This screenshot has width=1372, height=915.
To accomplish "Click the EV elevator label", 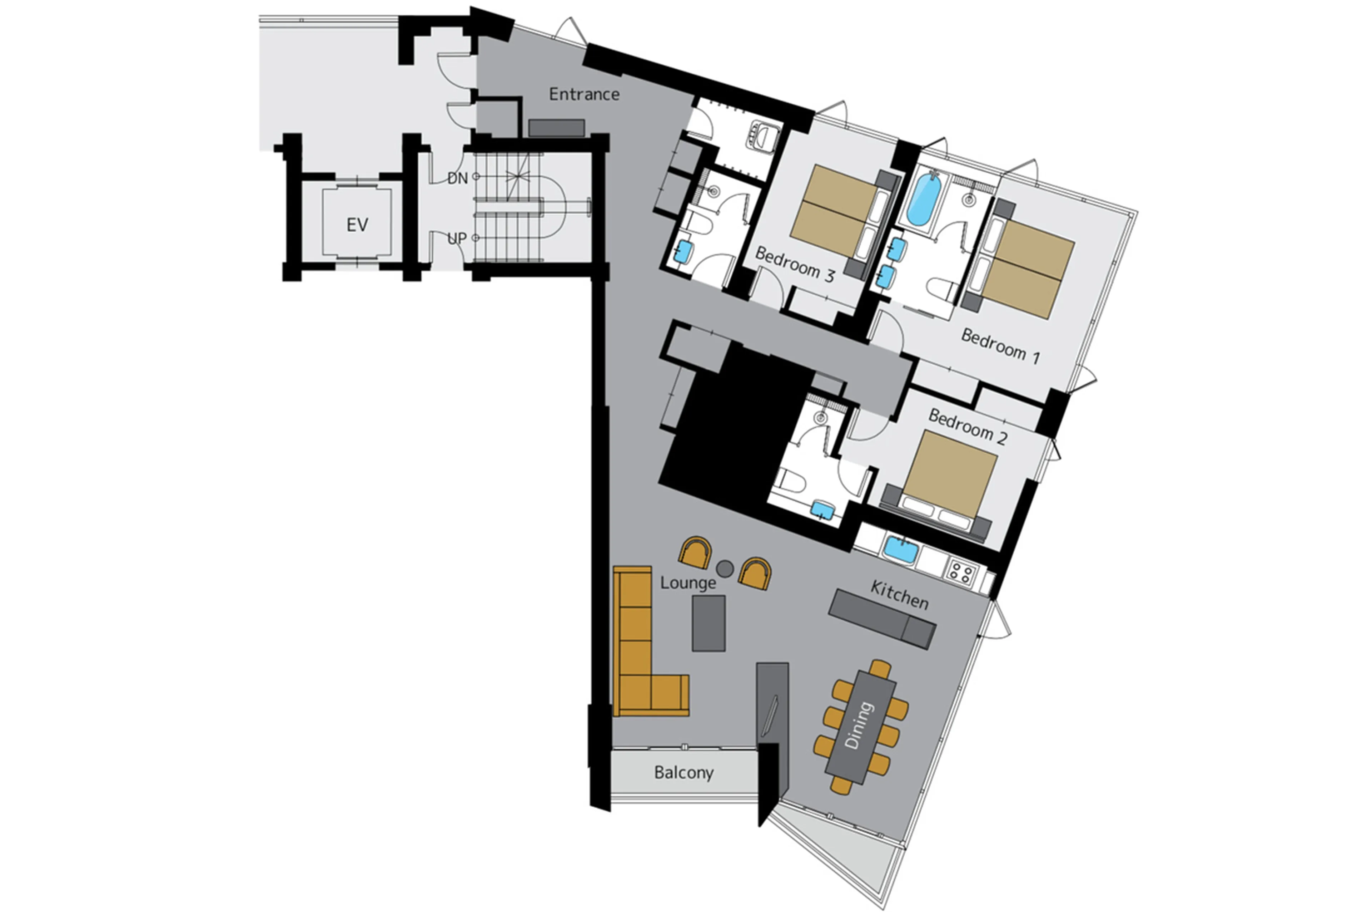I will click(357, 225).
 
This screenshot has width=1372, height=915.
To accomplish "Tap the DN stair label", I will click(457, 178).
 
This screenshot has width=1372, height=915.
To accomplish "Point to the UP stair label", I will click(457, 238).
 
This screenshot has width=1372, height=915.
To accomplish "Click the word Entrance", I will click(584, 94).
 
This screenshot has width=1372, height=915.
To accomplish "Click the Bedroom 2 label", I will click(967, 427).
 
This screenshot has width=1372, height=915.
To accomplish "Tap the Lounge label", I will click(688, 582).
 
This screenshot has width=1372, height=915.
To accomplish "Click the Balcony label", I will click(683, 773).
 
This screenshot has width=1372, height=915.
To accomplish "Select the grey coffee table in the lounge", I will click(709, 623).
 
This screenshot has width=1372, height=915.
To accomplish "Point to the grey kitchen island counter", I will click(882, 618).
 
